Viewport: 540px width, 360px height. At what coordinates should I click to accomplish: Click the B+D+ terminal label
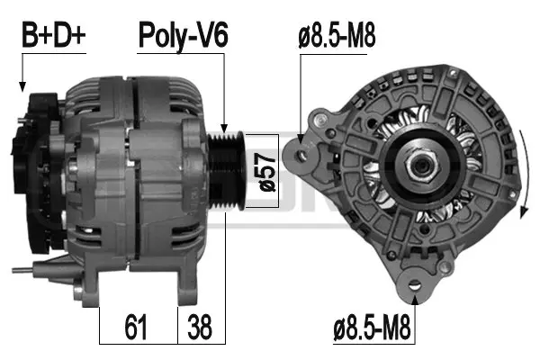53,36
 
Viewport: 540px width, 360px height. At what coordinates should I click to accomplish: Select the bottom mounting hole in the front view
415,286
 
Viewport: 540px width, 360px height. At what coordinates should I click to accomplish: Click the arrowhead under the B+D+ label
22,86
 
